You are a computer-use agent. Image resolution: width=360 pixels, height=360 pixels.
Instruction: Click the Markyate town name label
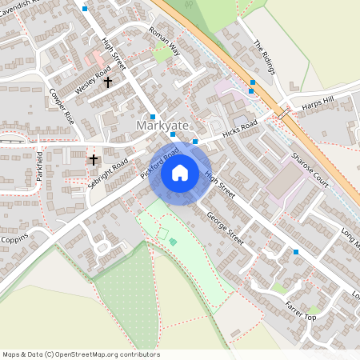pyautogui.click(x=162, y=126)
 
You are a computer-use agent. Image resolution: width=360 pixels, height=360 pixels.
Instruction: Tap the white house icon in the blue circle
pyautogui.click(x=180, y=172)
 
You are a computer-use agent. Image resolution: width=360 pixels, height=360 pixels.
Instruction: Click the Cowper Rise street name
pyautogui.click(x=62, y=105)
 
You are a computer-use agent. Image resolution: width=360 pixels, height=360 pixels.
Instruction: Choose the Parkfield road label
pyautogui.click(x=38, y=166)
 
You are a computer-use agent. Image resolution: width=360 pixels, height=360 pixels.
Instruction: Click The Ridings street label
pyautogui.click(x=263, y=57)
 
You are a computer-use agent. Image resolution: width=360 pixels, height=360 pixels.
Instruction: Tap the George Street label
pyautogui.click(x=224, y=228)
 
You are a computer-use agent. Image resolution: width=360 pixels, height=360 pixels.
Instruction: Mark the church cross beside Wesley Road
pyautogui.click(x=108, y=82)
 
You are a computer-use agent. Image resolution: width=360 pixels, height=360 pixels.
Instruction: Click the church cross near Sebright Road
pyautogui.click(x=93, y=160)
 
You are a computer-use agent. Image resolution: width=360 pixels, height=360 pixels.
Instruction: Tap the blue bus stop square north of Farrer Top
pyautogui.click(x=296, y=252)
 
